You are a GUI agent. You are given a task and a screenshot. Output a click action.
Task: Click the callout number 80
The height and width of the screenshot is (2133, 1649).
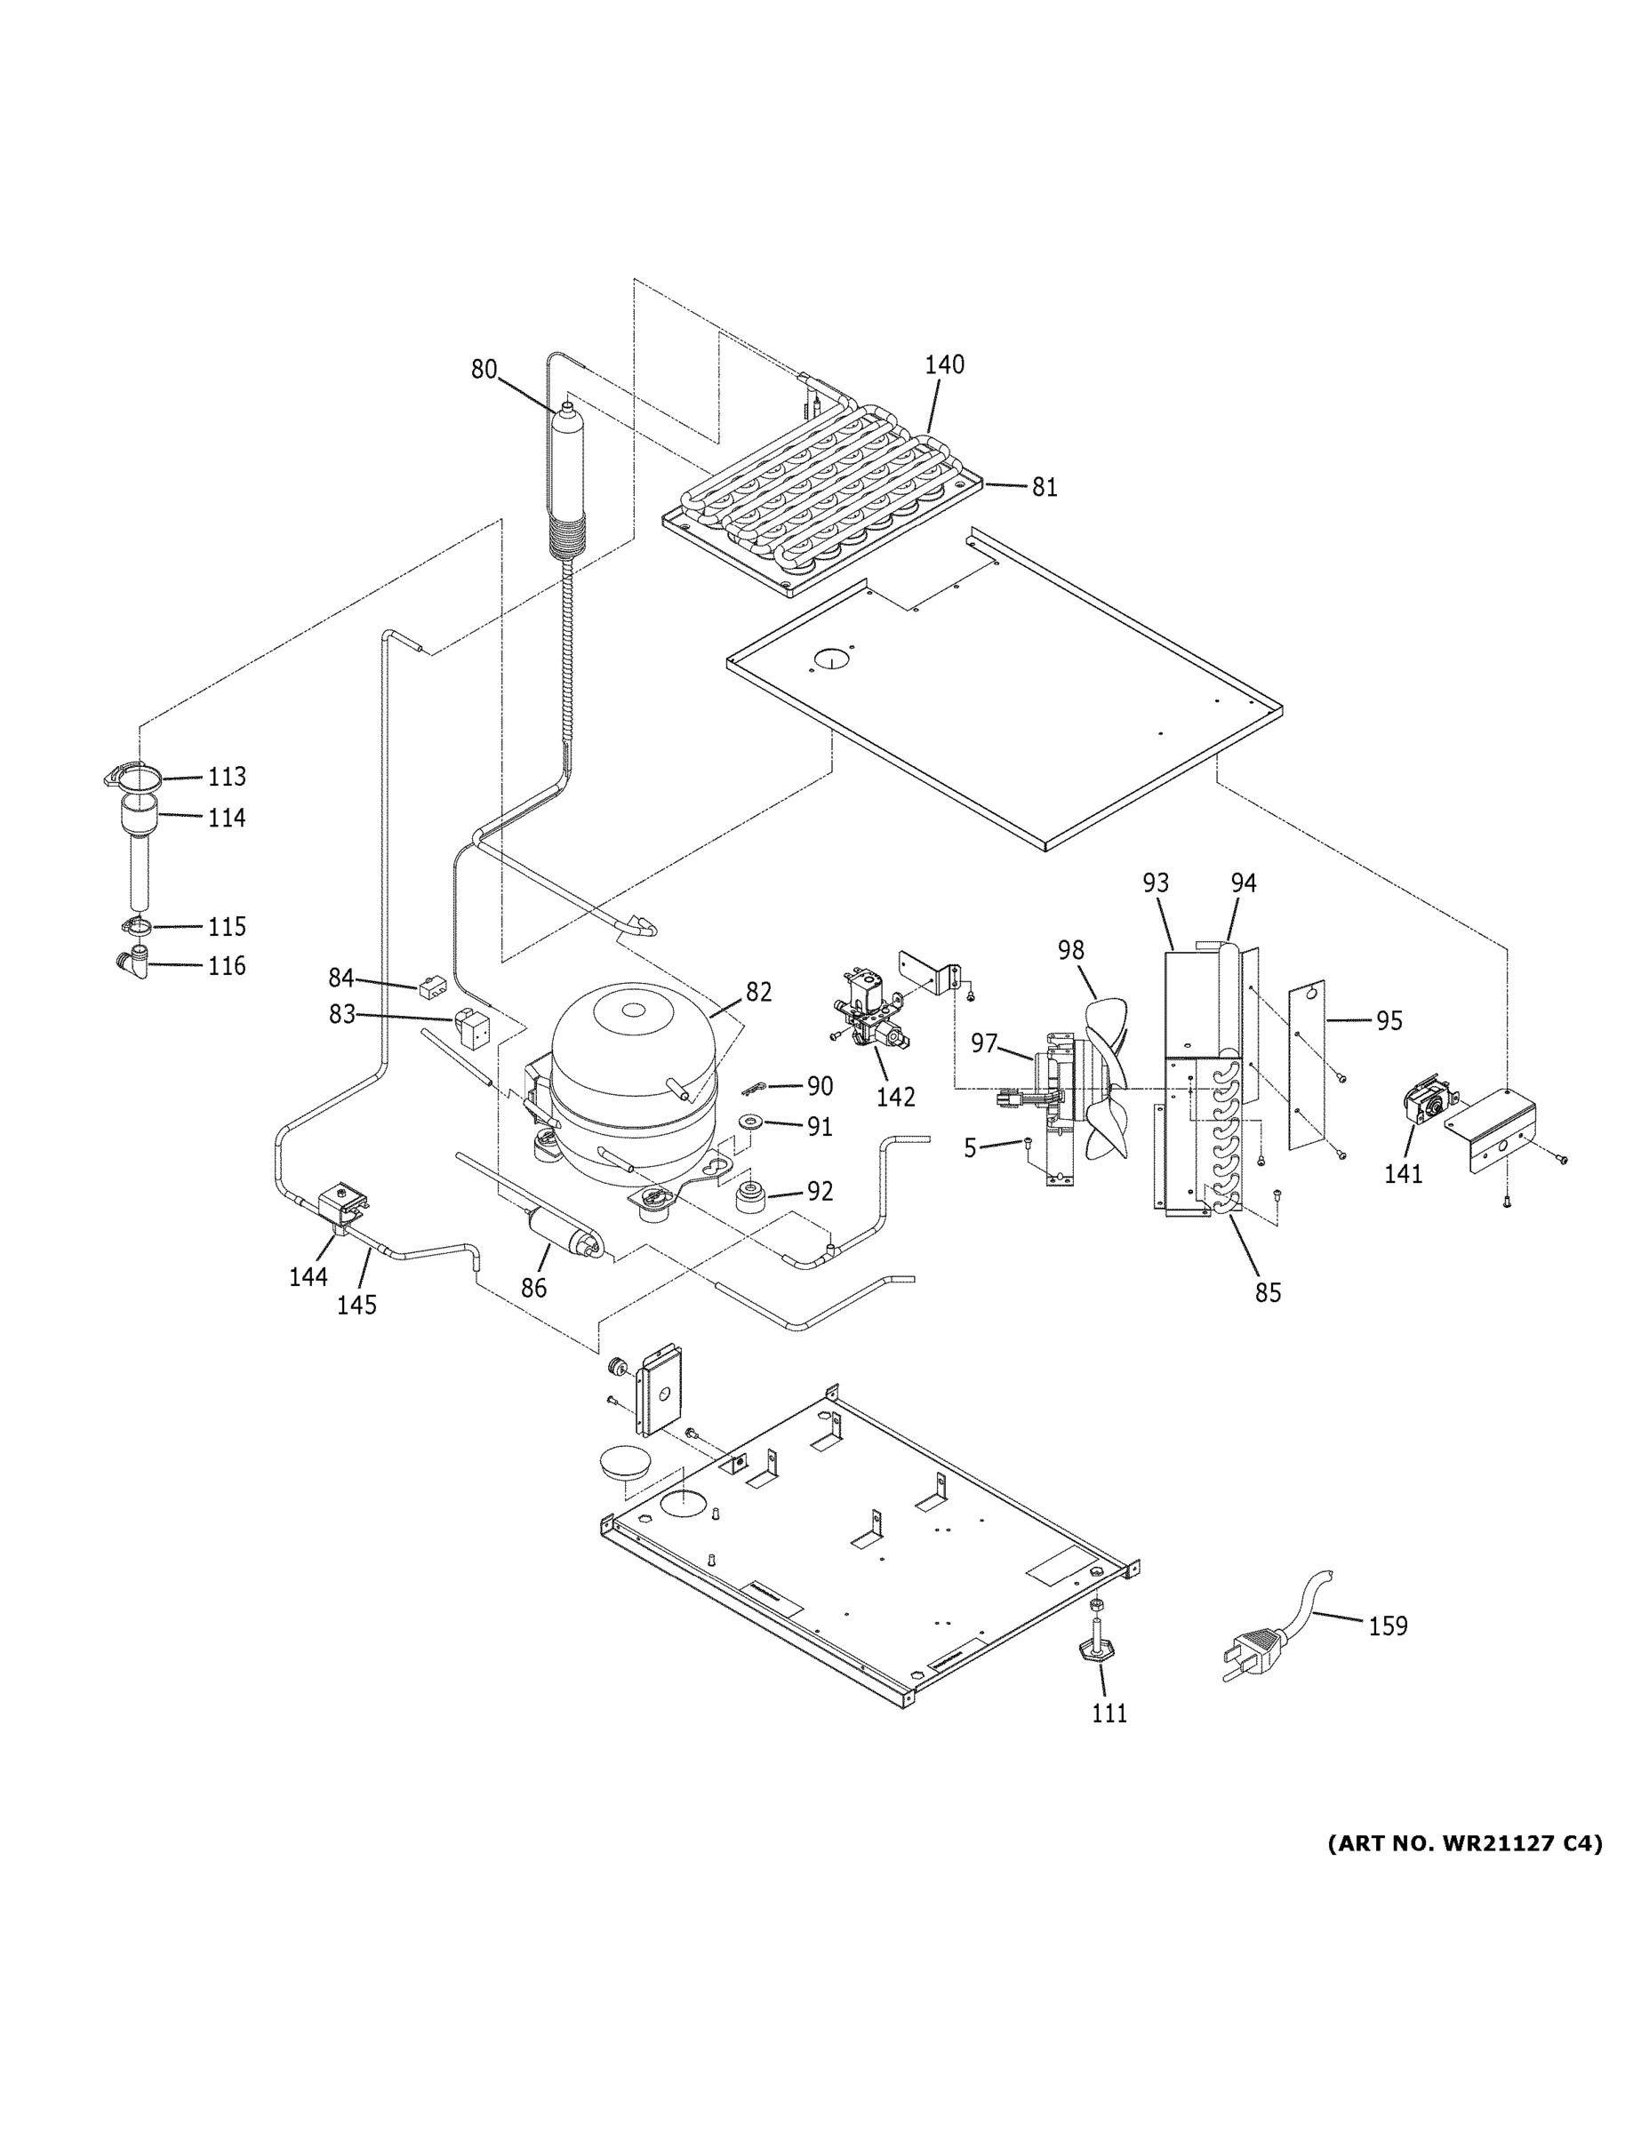pos(484,369)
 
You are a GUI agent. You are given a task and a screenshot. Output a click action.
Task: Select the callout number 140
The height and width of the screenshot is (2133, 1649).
pos(944,364)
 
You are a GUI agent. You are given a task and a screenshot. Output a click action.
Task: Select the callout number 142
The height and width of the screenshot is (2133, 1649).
pos(895,1097)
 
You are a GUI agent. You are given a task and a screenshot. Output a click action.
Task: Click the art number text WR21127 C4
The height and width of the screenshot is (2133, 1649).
pos(1463,1843)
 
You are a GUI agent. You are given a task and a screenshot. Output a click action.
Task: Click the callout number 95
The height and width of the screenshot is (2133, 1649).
pos(1389,1020)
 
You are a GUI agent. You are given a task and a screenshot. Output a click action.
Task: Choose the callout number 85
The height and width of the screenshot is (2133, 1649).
pos(1267,1292)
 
